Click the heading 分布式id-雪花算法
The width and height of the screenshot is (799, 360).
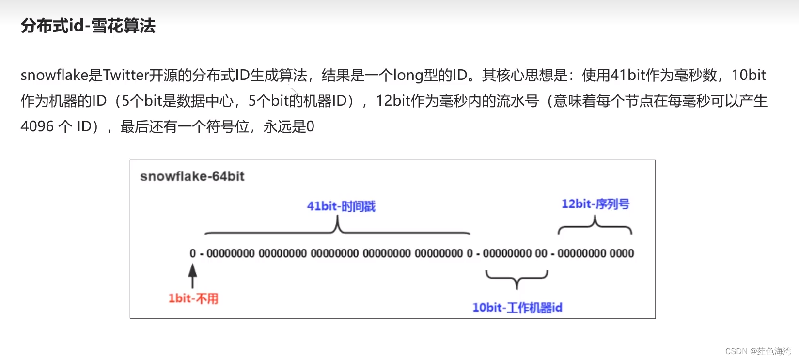[x=88, y=26]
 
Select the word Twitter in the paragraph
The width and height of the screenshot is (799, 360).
[x=125, y=75]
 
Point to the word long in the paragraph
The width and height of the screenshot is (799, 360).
[x=407, y=75]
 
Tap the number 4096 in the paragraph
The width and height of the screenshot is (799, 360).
[x=37, y=126]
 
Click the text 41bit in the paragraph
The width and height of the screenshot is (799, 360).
[x=627, y=75]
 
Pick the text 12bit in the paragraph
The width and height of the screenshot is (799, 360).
[x=393, y=101]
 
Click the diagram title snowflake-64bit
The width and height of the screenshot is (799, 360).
[x=192, y=176]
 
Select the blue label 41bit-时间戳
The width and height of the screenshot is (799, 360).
[x=341, y=206]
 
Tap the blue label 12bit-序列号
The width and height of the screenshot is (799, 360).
[x=595, y=204]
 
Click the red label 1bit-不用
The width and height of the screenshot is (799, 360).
[x=193, y=298]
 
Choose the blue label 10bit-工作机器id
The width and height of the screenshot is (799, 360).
[x=517, y=308]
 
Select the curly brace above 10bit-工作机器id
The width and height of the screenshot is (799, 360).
[x=517, y=279]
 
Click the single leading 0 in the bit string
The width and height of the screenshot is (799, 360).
[x=193, y=253]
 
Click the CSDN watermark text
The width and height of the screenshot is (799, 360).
[x=758, y=351]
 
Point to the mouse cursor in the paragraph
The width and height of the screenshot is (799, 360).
[x=294, y=93]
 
